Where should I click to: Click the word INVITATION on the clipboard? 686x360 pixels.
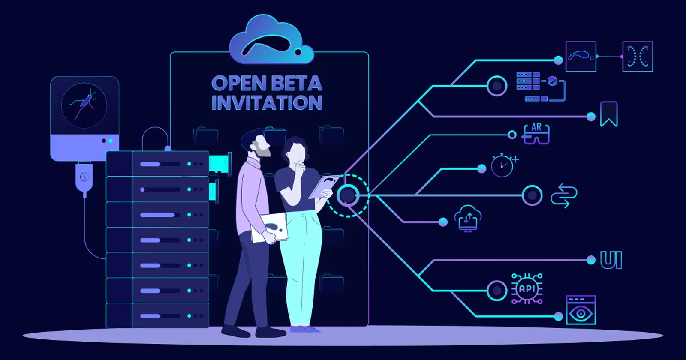point(267,103)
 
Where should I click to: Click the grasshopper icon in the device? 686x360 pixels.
point(84,103)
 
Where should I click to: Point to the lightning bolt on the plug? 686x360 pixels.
point(84,177)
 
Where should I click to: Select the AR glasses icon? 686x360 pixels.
point(536,134)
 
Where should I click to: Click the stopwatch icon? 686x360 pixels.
point(503,165)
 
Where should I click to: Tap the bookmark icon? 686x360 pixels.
point(608,114)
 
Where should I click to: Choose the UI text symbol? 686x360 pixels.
point(611,260)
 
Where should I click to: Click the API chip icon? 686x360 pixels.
point(527,288)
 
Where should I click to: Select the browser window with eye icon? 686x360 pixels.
point(581,310)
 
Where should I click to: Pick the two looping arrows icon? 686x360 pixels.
point(563,195)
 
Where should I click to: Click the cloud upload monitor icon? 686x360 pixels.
point(468,218)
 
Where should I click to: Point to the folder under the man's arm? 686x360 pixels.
point(270,228)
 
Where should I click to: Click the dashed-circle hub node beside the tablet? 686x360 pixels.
point(348,195)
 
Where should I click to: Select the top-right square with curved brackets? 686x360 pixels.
point(638,57)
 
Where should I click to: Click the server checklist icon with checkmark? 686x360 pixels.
point(540,86)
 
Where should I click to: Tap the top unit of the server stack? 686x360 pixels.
point(157,164)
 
